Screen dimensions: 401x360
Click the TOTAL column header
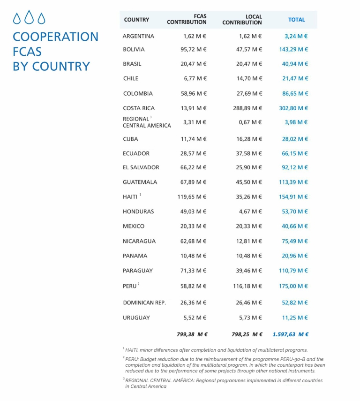[296, 20]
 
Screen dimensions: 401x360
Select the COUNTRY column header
[136, 20]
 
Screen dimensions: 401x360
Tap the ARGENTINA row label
[138, 36]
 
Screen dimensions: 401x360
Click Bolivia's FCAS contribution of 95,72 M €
[194, 49]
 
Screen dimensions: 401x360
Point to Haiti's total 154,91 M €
[293, 197]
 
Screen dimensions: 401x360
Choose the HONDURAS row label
[138, 212]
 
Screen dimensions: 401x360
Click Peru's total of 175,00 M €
[293, 286]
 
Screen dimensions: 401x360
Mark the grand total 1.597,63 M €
[291, 334]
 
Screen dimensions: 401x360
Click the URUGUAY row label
[136, 318]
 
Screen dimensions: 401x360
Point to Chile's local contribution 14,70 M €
[249, 78]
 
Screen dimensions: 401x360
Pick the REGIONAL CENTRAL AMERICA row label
[147, 122]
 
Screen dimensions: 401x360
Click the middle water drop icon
[30, 17]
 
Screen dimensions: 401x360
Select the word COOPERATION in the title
[56, 37]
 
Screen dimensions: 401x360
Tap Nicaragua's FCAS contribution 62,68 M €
[194, 241]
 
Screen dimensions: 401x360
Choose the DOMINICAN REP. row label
[144, 303]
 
